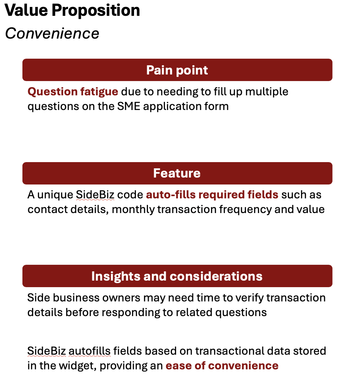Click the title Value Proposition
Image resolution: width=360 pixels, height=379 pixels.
72,11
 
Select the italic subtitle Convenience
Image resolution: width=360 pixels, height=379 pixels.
52,33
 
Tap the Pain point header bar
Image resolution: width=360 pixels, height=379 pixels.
177,70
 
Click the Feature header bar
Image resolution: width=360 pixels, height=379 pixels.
177,173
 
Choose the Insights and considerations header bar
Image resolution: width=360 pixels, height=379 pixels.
177,276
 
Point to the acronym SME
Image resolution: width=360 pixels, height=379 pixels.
129,107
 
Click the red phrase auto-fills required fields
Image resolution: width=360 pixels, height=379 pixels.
212,195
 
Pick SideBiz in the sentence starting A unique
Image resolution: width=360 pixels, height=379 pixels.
95,195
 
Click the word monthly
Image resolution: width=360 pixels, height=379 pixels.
133,210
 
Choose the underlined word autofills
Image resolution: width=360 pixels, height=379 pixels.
90,351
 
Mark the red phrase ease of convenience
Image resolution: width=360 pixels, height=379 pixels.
222,366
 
